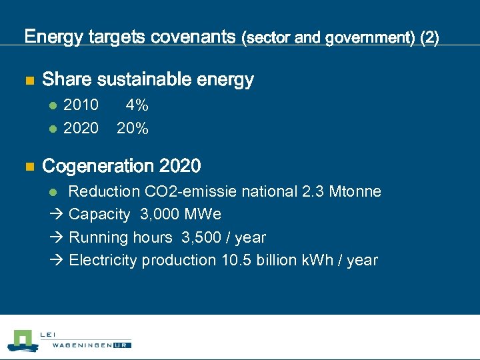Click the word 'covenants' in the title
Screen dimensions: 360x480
tap(194, 37)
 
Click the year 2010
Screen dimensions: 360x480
tap(80, 105)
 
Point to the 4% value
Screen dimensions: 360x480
tap(137, 105)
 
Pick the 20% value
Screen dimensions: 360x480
tap(132, 128)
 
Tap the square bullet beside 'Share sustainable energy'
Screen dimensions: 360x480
tap(29, 81)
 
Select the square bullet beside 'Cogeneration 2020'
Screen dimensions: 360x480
tap(29, 166)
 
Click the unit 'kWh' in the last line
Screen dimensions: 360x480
tap(321, 260)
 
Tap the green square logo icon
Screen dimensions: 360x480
tap(23, 339)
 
